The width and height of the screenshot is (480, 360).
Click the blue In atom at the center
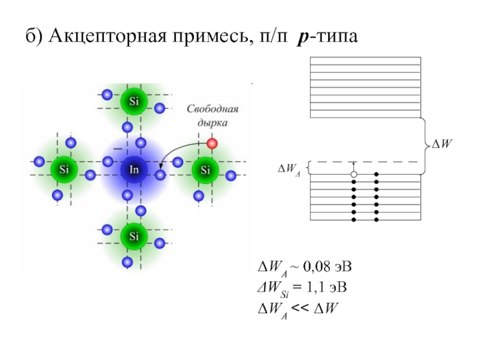(134, 170)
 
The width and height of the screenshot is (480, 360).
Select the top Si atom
(134, 101)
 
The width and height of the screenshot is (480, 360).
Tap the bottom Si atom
(134, 236)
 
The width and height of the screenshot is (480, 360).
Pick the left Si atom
(64, 170)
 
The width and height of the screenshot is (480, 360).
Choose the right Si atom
(205, 170)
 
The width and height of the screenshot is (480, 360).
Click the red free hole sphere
(212, 143)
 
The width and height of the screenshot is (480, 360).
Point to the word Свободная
(213, 110)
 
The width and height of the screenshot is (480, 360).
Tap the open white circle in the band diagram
(354, 175)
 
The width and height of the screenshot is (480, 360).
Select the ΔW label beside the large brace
(442, 144)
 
